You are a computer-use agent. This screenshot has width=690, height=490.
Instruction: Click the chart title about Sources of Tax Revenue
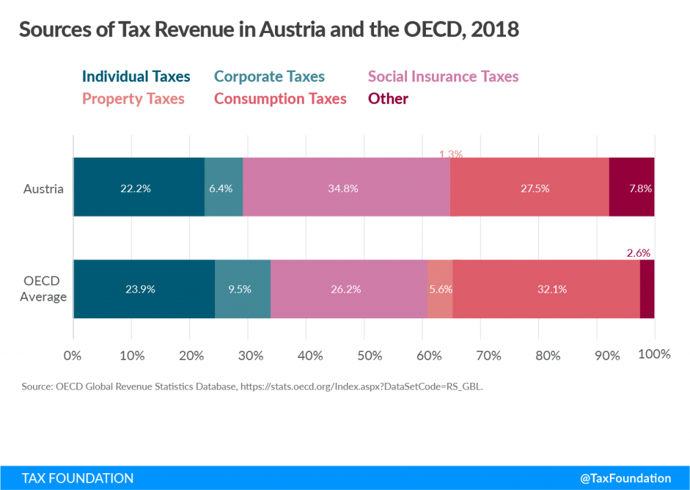click(x=269, y=31)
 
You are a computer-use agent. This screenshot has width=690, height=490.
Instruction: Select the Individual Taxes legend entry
click(x=136, y=77)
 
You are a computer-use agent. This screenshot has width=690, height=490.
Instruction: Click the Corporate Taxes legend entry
click(x=269, y=77)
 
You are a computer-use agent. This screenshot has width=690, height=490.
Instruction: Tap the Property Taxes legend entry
click(x=133, y=99)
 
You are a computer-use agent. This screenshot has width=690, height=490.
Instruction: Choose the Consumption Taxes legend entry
click(x=280, y=99)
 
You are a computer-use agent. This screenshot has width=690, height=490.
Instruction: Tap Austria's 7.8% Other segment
click(x=632, y=188)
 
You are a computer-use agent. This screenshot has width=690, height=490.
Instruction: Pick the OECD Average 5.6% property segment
click(x=440, y=289)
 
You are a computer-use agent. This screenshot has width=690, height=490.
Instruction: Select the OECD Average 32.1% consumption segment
click(x=546, y=289)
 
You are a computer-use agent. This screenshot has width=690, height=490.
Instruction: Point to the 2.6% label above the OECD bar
click(x=638, y=253)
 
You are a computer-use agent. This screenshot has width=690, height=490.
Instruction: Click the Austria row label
click(x=44, y=189)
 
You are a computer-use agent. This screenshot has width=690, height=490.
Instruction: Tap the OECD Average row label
click(x=43, y=289)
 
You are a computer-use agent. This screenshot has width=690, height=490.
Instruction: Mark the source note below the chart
click(x=253, y=388)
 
